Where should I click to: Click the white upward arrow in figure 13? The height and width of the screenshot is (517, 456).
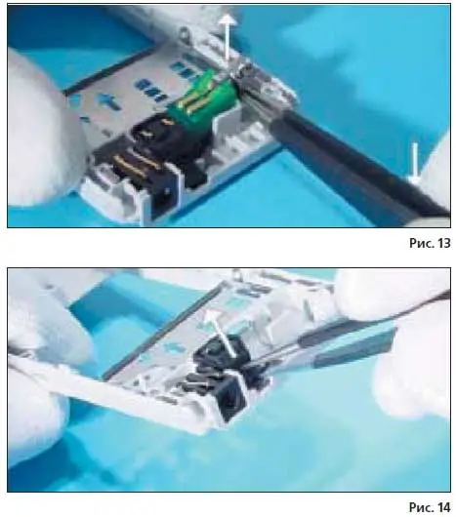click(228, 38)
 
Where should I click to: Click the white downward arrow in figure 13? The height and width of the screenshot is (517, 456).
click(414, 163)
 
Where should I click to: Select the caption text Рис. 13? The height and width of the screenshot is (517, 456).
click(430, 243)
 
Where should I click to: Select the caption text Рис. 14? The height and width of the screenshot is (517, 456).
click(430, 507)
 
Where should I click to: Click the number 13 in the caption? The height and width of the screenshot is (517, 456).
click(444, 243)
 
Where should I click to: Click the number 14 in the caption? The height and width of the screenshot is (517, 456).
click(444, 507)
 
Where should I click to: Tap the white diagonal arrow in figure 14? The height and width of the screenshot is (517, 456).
click(219, 333)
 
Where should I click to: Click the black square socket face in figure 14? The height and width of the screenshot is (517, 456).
click(232, 398)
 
